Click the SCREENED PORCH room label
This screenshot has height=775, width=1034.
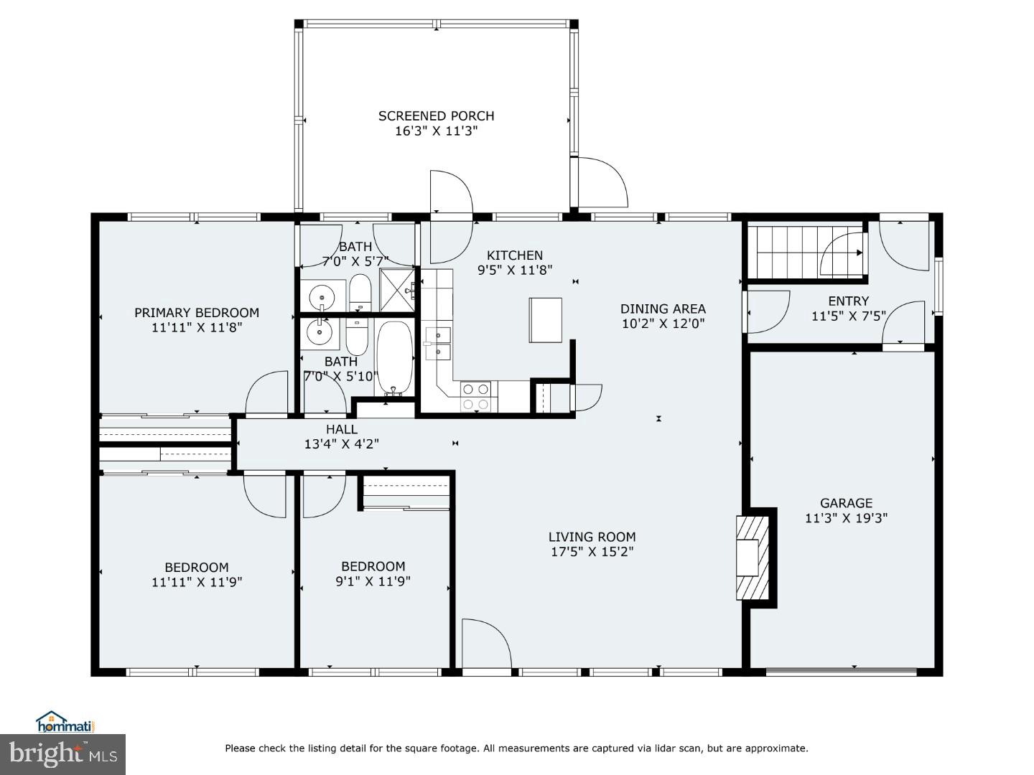point(436,116)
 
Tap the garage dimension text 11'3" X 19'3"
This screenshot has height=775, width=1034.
point(846,518)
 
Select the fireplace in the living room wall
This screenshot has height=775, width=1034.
point(751,557)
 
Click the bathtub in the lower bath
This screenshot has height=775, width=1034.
point(394,358)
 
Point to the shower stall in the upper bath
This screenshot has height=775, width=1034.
point(397,290)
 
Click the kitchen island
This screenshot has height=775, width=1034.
point(546,320)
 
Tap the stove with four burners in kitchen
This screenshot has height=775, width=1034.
point(475,396)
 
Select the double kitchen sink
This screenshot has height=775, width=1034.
point(437,343)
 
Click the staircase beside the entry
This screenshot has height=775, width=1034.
point(804,252)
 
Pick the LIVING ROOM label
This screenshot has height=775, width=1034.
point(592,537)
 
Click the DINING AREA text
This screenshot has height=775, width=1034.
point(663,309)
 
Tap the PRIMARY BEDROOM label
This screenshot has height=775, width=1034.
point(197,312)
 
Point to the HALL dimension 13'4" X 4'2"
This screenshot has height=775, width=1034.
point(341,444)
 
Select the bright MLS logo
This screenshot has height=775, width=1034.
point(62,753)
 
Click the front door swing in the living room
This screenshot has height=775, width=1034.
point(485,643)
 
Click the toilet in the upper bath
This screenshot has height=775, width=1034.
point(360,293)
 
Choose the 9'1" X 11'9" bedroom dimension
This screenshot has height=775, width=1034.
point(373,581)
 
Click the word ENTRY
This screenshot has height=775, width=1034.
point(848,301)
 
